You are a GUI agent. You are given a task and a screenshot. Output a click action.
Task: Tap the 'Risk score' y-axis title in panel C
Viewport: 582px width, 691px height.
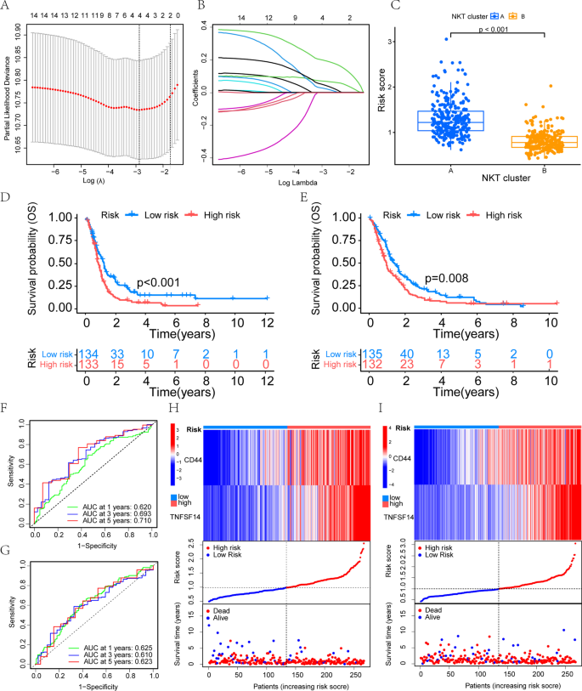(393, 92)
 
